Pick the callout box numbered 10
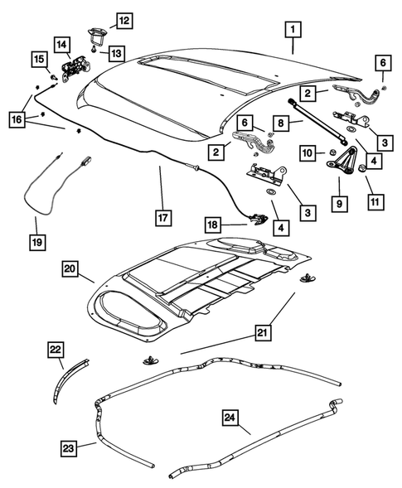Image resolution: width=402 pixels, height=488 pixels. point(307,153)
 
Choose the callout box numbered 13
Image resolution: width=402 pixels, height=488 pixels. point(115,54)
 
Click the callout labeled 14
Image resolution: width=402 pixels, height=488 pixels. point(61,43)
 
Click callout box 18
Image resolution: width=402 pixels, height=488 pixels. point(212,225)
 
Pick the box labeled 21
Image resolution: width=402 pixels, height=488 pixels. point(262,333)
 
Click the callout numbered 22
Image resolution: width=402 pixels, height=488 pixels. point(56,351)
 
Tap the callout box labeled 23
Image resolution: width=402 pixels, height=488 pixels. point(69,448)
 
